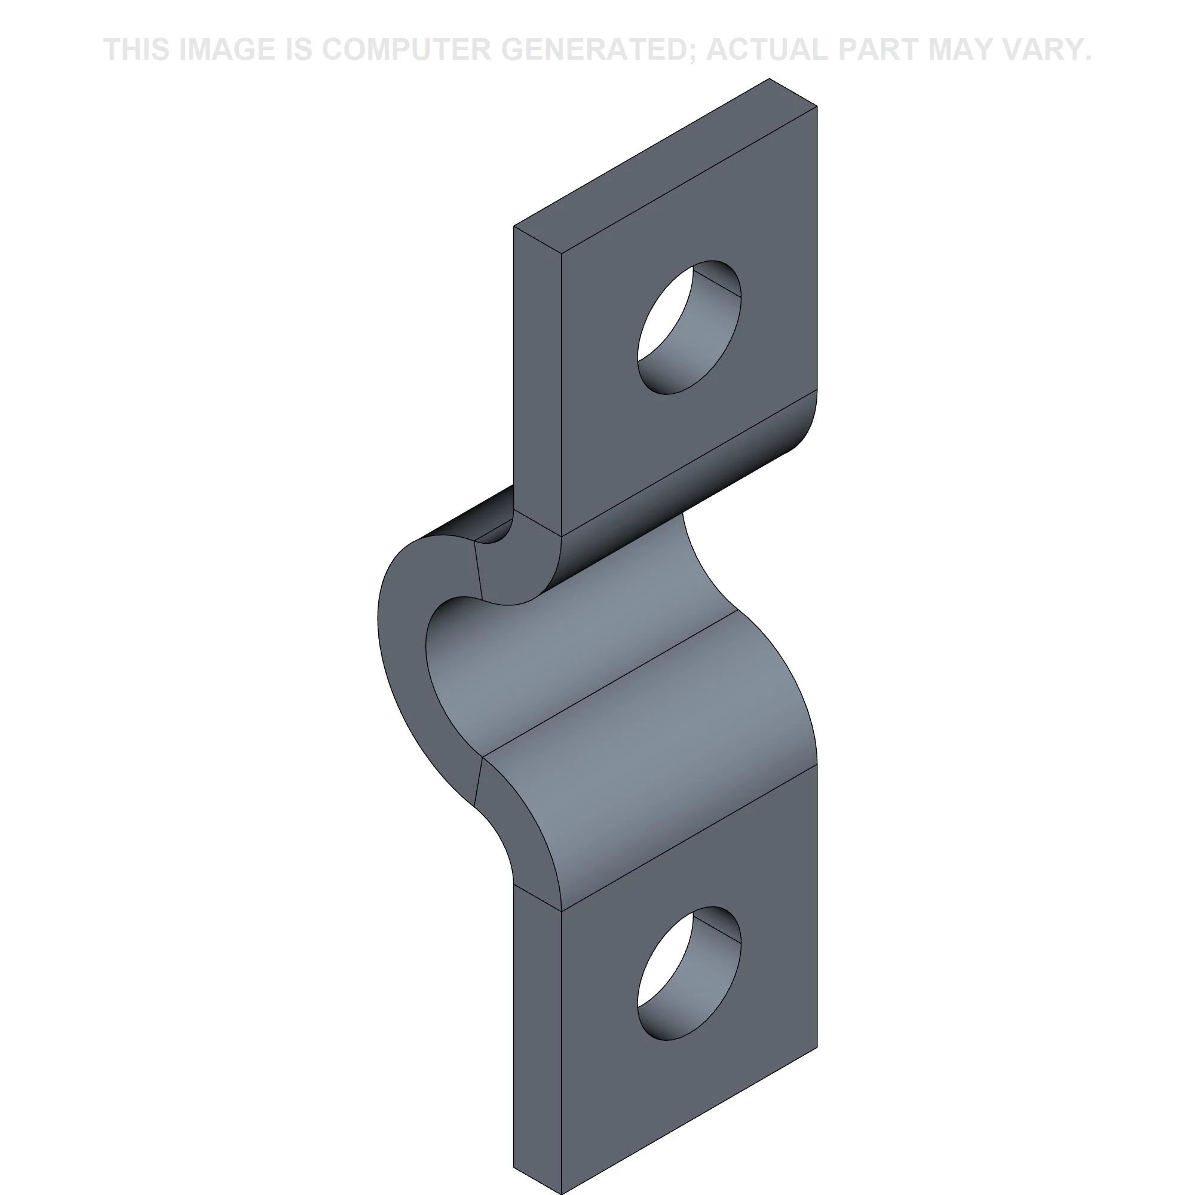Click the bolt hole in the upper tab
coord(689,327)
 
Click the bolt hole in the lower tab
coord(689,973)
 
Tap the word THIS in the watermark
coord(137,50)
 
